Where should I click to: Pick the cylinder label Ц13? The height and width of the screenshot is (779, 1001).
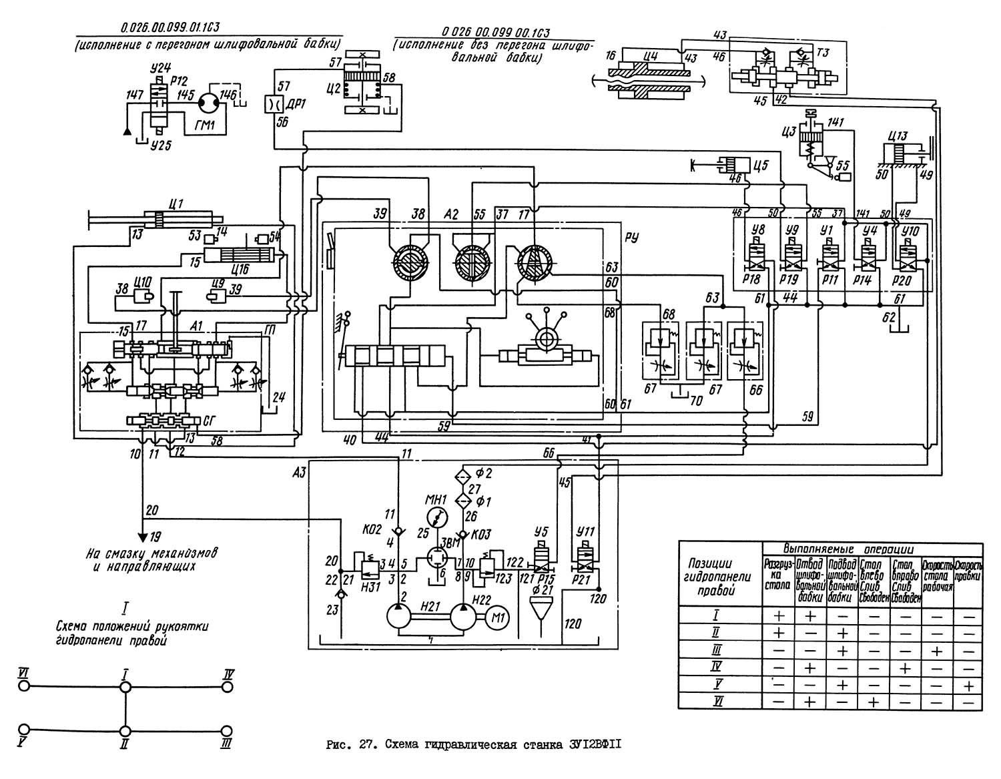click(x=899, y=136)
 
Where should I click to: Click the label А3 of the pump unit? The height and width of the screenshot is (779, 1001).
click(x=300, y=473)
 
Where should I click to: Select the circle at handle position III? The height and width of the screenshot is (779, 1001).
click(x=228, y=732)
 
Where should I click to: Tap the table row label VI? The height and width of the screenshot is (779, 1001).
click(x=719, y=702)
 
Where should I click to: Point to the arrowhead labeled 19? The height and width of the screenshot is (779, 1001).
click(x=142, y=535)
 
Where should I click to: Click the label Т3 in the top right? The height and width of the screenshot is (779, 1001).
click(x=823, y=53)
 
